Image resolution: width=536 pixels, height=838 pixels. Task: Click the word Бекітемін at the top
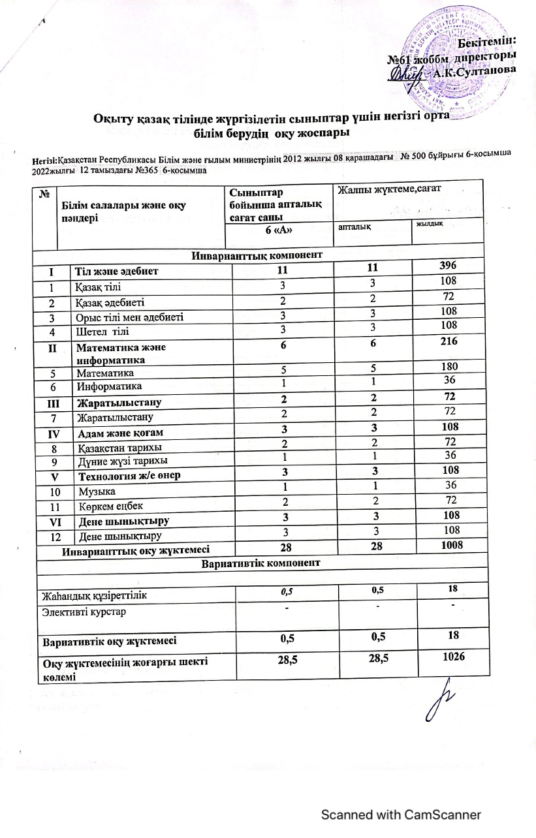point(490,44)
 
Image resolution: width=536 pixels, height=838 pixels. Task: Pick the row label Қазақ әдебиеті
point(112,302)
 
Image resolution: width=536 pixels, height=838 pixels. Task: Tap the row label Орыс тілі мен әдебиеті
point(130,317)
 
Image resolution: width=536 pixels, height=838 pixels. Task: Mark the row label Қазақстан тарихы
point(120,446)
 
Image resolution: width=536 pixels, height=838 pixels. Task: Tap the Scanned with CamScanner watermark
point(400,815)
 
